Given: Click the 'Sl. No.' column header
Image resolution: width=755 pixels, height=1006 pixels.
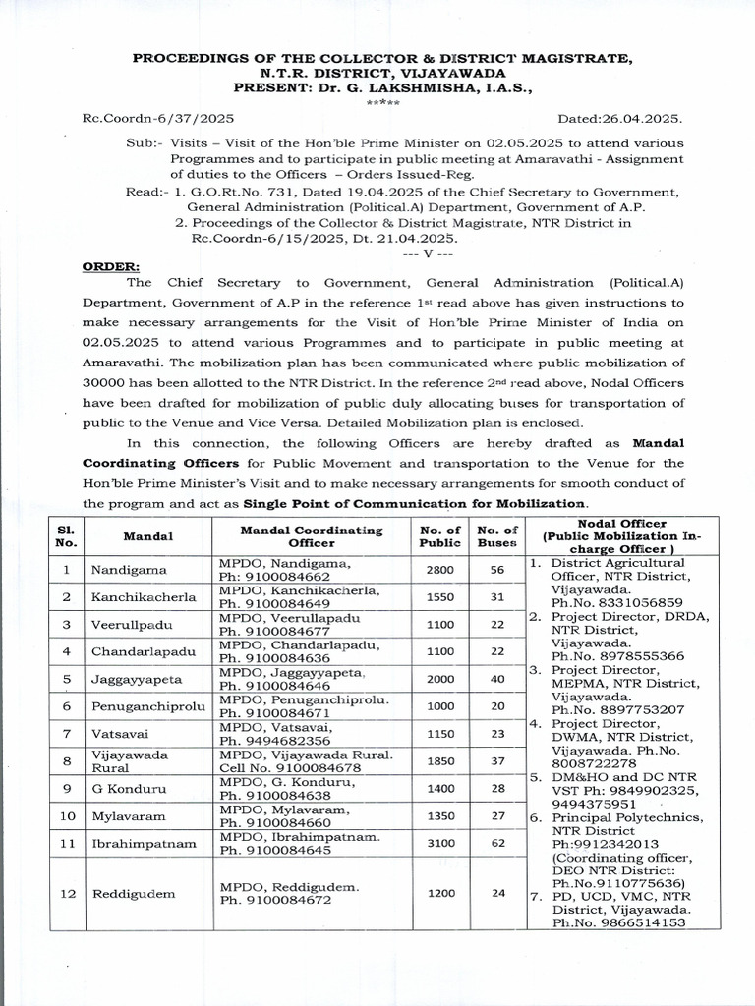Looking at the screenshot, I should pos(66,536).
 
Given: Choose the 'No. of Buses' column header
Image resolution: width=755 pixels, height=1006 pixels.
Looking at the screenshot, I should pos(497,536).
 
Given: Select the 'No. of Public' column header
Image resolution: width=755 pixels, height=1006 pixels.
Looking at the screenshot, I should pos(439,536).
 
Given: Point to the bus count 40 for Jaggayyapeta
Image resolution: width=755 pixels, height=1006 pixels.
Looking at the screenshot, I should pos(497,678).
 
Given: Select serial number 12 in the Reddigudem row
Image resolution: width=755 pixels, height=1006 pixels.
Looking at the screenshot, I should pos(66,893).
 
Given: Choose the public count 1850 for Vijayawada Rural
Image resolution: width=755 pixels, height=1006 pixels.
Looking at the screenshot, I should pos(439,761).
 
